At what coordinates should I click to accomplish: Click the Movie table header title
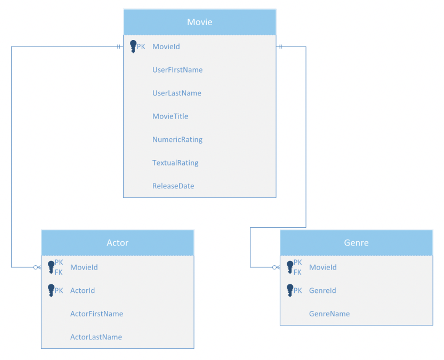click(x=199, y=22)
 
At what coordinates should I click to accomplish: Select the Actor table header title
click(x=117, y=243)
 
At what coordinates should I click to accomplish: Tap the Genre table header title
click(x=356, y=243)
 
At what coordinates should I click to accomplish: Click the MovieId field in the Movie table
click(x=166, y=47)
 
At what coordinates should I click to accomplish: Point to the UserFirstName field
click(x=177, y=70)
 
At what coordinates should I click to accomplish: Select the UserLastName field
click(x=177, y=93)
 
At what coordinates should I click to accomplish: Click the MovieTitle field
click(x=170, y=116)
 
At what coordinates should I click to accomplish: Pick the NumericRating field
click(x=177, y=139)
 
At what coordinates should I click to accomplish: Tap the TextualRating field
click(x=175, y=163)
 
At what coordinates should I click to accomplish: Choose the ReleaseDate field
click(x=173, y=186)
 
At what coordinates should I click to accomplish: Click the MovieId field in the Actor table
click(x=84, y=267)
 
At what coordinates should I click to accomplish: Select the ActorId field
click(x=82, y=290)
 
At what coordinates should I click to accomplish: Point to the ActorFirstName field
click(x=96, y=314)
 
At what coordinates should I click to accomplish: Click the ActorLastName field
click(x=96, y=337)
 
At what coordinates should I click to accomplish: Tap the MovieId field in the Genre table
click(x=323, y=267)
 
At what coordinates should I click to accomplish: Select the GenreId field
click(x=322, y=290)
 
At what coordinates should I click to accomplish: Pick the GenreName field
click(x=329, y=314)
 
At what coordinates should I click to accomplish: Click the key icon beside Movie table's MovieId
click(x=133, y=47)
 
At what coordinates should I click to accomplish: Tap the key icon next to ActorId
click(x=51, y=290)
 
